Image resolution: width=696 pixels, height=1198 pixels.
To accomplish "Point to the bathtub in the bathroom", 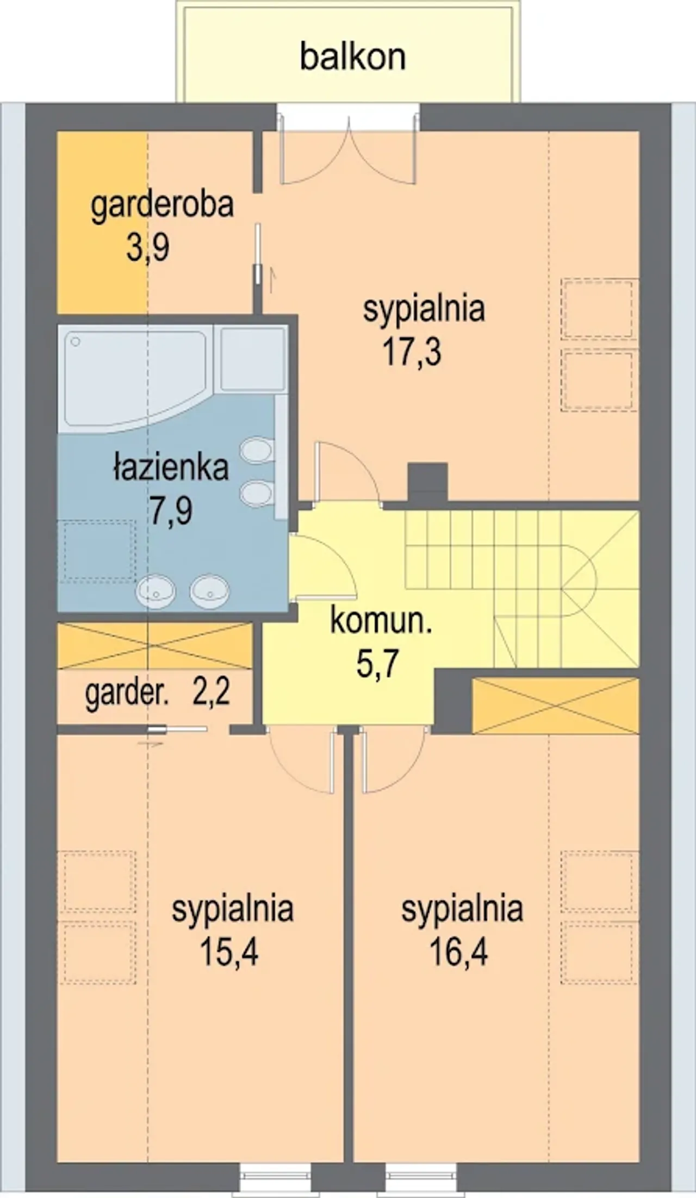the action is pyautogui.click(x=136, y=379).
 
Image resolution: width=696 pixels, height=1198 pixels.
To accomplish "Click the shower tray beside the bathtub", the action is pyautogui.click(x=253, y=359).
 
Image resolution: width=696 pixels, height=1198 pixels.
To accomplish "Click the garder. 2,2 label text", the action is pyautogui.click(x=158, y=694).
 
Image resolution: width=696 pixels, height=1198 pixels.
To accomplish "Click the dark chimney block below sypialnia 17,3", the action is pyautogui.click(x=427, y=482).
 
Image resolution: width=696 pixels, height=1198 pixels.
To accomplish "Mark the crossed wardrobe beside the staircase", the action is pyautogui.click(x=556, y=705).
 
